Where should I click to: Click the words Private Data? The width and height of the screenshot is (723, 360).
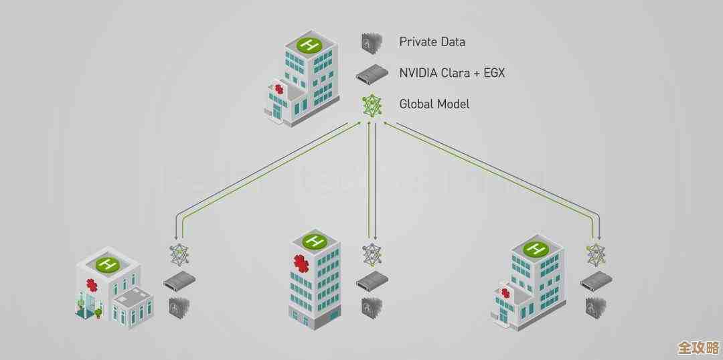click(x=432, y=42)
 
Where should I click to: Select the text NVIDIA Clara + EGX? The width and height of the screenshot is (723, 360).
click(x=452, y=72)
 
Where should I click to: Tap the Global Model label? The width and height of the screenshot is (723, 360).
click(x=434, y=104)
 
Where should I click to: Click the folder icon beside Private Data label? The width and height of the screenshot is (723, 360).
click(x=370, y=43)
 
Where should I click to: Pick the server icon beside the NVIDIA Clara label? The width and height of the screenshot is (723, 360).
click(x=370, y=74)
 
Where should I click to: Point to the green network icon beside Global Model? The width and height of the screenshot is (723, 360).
click(x=370, y=105)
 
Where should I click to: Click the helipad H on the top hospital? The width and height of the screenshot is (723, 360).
click(x=309, y=46)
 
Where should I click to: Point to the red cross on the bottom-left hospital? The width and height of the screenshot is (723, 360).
click(x=92, y=286)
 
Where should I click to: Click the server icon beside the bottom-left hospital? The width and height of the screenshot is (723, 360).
click(x=179, y=280)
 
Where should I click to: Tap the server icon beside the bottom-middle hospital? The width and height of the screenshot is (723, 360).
click(x=370, y=281)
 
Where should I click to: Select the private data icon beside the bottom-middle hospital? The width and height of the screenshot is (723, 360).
click(x=370, y=306)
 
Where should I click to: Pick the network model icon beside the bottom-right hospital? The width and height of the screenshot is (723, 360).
click(x=595, y=254)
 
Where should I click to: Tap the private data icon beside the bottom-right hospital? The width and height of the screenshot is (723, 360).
click(x=594, y=306)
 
